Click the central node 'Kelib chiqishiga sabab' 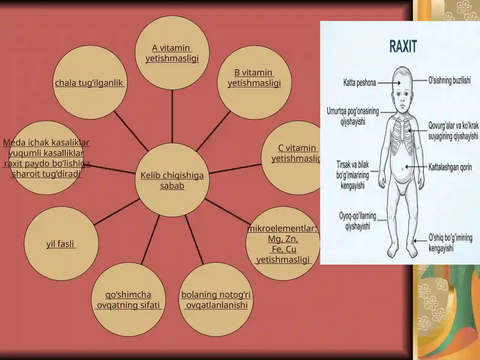[172, 180]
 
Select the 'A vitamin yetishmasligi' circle [172, 53]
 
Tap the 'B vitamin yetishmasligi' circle [254, 82]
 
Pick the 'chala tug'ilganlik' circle [90, 82]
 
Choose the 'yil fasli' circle [61, 244]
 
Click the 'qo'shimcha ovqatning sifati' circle [128, 299]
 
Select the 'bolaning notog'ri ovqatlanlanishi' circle [216, 299]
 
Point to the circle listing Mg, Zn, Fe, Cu [283, 244]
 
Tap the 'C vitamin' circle [291, 158]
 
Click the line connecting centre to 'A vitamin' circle [172, 116]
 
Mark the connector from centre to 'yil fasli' [117, 212]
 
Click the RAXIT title [403, 46]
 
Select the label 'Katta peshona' [359, 83]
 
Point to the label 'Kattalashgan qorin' [450, 167]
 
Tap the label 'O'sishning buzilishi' [449, 80]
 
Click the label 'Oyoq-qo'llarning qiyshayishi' [358, 221]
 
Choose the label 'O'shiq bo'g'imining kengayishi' [450, 243]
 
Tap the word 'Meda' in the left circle [14, 142]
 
